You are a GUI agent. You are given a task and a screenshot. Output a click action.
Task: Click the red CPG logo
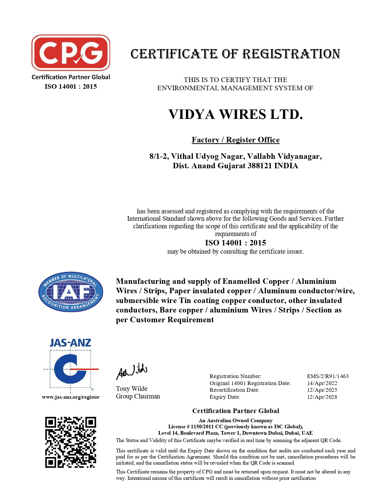[71, 52]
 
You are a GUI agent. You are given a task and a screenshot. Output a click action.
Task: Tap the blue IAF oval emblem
[71, 292]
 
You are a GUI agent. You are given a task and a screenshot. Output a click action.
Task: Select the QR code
[71, 442]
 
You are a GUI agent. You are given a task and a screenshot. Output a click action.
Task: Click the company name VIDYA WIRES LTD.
[236, 115]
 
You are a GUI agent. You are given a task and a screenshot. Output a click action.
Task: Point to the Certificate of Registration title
[235, 54]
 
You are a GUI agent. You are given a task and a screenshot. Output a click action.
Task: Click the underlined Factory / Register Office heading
[236, 140]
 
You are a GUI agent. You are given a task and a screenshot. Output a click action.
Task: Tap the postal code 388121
[260, 166]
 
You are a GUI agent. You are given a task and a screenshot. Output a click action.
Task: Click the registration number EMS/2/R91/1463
[328, 376]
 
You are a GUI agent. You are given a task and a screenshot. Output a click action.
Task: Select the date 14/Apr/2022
[322, 383]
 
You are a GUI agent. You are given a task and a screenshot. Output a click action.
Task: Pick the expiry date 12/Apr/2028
[322, 397]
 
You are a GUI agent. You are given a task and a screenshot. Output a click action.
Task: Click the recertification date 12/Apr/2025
[322, 390]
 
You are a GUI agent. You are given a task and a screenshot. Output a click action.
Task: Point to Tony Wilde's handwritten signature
[132, 372]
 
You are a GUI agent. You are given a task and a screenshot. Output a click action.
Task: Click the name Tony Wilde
[132, 389]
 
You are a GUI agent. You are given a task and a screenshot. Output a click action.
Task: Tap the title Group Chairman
[138, 396]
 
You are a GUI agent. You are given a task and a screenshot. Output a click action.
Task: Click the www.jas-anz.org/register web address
[71, 397]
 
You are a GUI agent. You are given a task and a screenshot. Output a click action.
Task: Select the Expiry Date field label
[225, 397]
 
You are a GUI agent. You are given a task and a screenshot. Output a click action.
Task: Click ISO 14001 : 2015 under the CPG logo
[71, 87]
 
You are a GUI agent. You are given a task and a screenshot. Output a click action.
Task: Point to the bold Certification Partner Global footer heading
[236, 411]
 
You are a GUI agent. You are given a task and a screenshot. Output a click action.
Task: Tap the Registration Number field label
[235, 376]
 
